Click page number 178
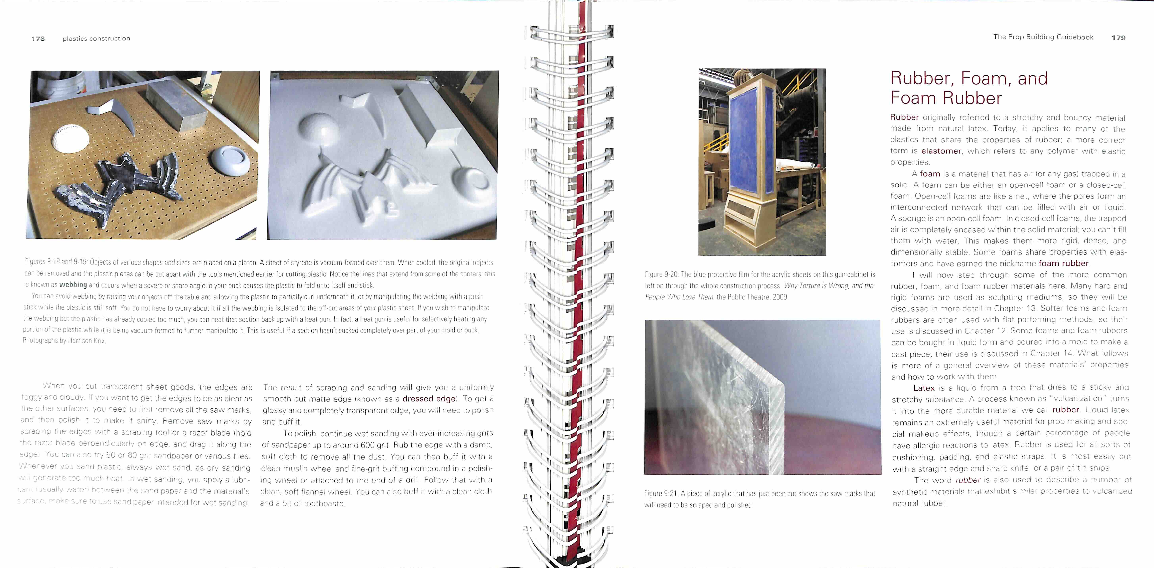click(x=38, y=39)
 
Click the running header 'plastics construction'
click(x=96, y=39)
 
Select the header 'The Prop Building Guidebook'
click(x=1043, y=37)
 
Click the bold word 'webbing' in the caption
click(x=73, y=285)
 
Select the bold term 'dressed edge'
click(x=429, y=398)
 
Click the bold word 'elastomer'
click(x=941, y=151)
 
